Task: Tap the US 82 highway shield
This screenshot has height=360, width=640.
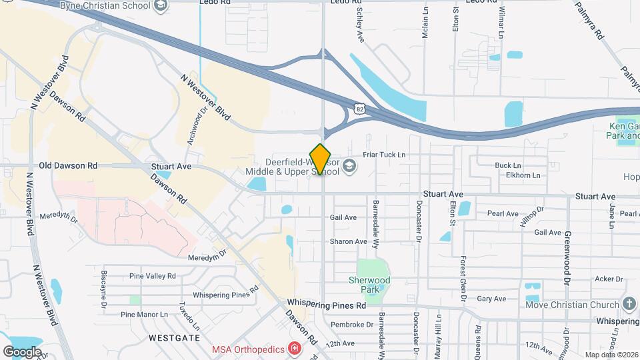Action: click(360, 109)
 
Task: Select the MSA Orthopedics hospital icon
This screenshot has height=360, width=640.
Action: click(293, 349)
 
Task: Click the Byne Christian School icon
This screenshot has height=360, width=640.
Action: click(160, 6)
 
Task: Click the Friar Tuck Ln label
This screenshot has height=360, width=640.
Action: click(384, 155)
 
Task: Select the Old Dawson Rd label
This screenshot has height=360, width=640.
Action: click(68, 165)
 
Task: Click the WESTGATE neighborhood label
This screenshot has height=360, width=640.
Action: click(175, 338)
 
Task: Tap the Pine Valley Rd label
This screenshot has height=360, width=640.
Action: click(153, 275)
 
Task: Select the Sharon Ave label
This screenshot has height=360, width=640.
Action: click(348, 241)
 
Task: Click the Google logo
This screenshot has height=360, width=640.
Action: click(22, 351)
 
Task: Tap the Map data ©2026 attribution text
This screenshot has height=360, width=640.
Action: click(610, 355)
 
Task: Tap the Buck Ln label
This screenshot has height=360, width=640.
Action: click(508, 165)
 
